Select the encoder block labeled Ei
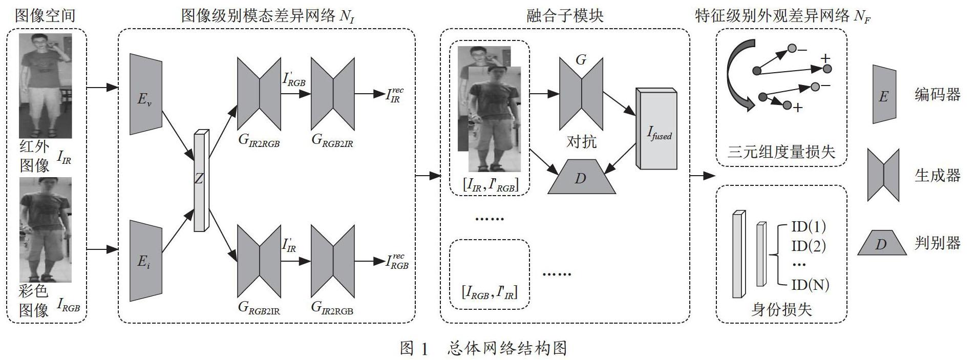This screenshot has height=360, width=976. click(x=145, y=261)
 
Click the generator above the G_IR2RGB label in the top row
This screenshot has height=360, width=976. click(x=260, y=94)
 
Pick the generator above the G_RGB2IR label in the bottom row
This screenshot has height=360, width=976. click(x=260, y=261)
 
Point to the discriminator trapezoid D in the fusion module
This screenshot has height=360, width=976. click(x=581, y=177)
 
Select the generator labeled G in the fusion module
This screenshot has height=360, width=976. click(x=581, y=94)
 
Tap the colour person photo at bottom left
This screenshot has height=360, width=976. click(x=45, y=229)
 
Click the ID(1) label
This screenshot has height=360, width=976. click(x=809, y=226)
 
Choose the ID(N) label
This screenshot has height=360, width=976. click(x=810, y=284)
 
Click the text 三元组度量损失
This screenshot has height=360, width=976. click(x=781, y=152)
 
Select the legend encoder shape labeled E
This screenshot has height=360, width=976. click(x=884, y=95)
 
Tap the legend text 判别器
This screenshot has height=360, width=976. click(x=937, y=243)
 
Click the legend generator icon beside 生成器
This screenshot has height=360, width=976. click(x=883, y=176)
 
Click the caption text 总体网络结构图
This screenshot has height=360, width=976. click(x=506, y=349)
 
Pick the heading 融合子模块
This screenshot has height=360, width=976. click(x=565, y=16)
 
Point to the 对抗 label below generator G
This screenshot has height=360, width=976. click(x=581, y=141)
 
